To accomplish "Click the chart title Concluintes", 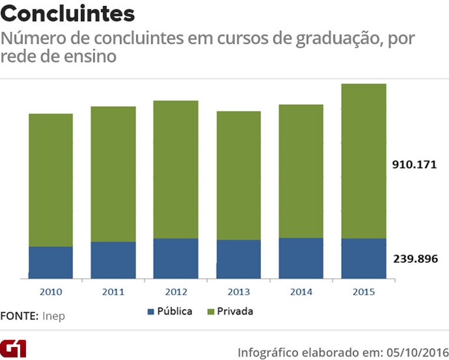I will click(x=68, y=14).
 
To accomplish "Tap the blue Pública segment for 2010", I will click(x=51, y=262).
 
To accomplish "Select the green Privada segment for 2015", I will click(x=364, y=161).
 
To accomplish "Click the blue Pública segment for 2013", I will click(x=239, y=259).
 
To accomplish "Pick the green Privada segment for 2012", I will click(x=176, y=170).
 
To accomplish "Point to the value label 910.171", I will click(x=415, y=165).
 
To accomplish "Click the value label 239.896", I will click(x=415, y=259).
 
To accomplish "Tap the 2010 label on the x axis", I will click(x=51, y=292).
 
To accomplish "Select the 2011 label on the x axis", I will click(x=113, y=292).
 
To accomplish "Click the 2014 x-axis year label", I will click(x=301, y=292).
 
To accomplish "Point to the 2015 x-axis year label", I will click(x=364, y=292).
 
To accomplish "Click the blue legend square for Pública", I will click(x=150, y=311).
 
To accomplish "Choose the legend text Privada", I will click(x=235, y=311).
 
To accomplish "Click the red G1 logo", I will click(x=14, y=348).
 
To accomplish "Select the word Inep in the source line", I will click(x=54, y=316).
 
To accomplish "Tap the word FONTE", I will click(x=19, y=316).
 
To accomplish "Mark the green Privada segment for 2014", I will click(x=301, y=171).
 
